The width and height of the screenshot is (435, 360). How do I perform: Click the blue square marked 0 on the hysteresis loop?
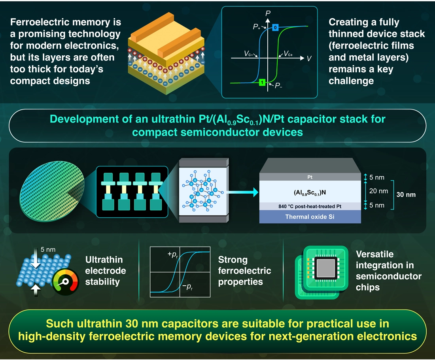[x=275, y=27]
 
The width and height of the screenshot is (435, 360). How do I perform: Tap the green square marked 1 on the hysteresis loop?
[x=261, y=82]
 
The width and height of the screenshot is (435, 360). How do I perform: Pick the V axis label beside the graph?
[x=309, y=58]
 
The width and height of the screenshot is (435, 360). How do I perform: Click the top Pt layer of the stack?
[x=310, y=178]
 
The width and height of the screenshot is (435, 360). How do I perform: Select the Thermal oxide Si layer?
[x=310, y=217]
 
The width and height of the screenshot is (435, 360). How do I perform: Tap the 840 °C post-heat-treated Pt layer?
[x=310, y=205]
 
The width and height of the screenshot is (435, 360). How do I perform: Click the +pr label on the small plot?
[x=173, y=255]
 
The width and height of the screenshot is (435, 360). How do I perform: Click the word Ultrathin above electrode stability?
[x=104, y=260]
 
